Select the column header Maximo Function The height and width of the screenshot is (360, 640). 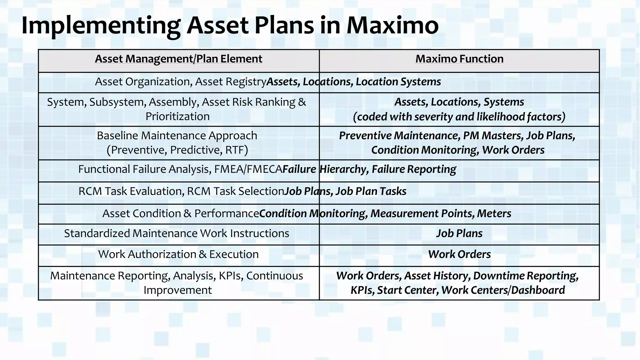point(459,59)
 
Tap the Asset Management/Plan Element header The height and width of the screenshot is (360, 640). point(178,59)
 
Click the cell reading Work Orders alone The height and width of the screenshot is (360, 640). point(459,254)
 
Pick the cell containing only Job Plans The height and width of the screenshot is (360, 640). point(459,233)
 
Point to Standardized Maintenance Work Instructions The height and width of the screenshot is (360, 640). point(177,233)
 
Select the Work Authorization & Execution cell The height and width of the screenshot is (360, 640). point(178,254)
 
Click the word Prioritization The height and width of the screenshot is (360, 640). point(177,117)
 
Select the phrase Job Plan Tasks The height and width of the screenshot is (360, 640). point(371,191)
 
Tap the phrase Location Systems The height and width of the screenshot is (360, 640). point(398,82)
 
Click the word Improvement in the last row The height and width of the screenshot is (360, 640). point(177,290)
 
